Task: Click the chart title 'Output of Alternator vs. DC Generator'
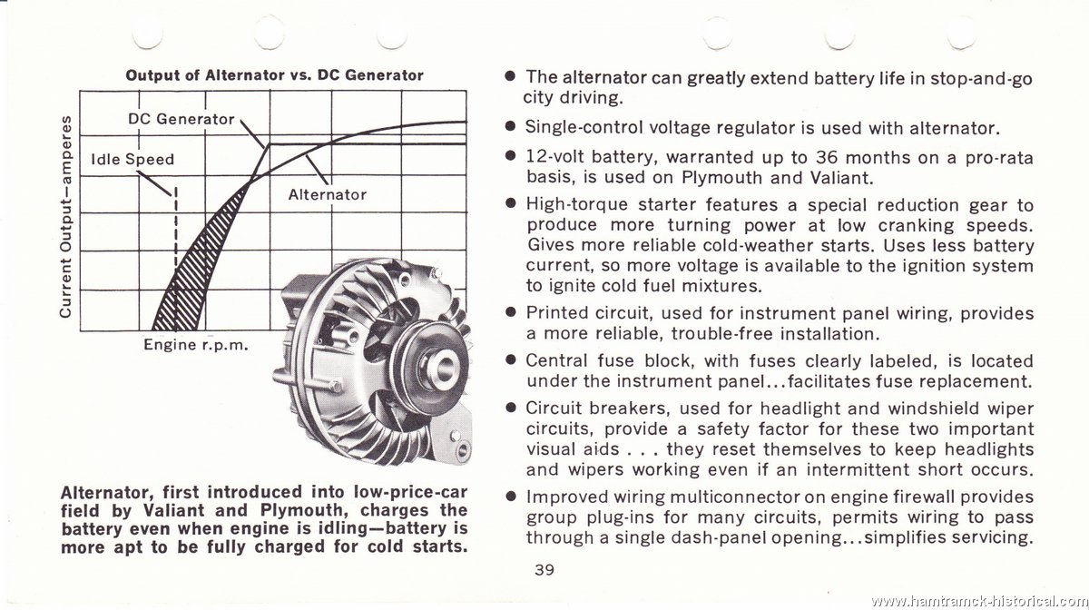click(x=274, y=75)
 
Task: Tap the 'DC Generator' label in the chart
click(x=181, y=119)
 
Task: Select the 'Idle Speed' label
click(x=132, y=160)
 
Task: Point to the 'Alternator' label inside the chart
click(x=328, y=194)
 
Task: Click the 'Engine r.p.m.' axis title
click(x=196, y=345)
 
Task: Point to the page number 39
click(x=544, y=570)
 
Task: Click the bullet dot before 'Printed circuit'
click(x=510, y=311)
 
